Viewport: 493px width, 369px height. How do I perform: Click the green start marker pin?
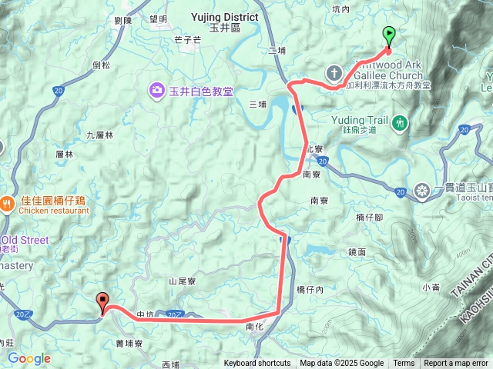389,35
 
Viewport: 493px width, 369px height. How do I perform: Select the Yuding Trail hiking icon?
400,121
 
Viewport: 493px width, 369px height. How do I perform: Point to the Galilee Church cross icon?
334,74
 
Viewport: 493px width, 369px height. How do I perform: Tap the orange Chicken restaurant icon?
6,203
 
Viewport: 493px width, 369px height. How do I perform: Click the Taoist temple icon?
422,191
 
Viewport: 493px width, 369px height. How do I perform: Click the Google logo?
29,358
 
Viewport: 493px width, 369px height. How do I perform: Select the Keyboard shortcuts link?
257,364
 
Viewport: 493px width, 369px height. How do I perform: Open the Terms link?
404,364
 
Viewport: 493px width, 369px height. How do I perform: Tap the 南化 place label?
255,327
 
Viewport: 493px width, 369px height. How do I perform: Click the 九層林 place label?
99,135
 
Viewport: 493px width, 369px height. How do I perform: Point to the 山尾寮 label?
183,282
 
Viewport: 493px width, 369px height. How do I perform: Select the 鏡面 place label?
357,251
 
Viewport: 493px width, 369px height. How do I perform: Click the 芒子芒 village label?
187,40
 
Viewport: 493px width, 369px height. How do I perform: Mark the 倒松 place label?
101,65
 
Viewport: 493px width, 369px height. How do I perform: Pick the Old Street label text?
28,240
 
